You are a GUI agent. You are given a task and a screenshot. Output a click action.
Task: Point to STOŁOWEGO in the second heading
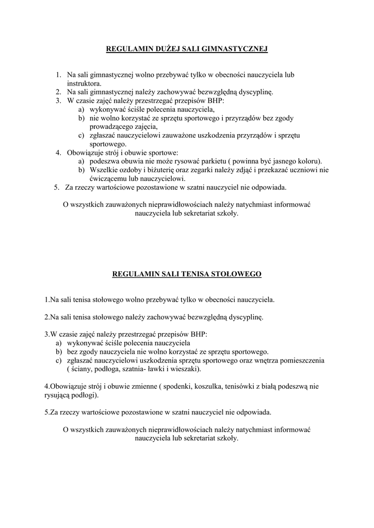point(235,274)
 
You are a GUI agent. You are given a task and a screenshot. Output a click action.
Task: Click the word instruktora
point(84,84)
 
